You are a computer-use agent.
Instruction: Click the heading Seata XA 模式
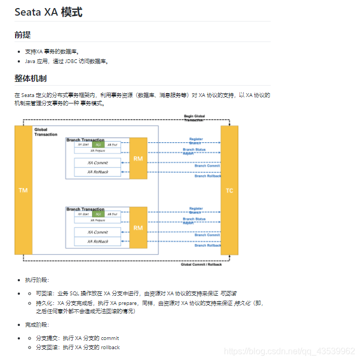[x=48, y=11]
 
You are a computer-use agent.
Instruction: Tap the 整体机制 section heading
[x=30, y=79]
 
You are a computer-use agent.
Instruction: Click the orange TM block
[x=23, y=190]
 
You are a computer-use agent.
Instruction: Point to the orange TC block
[x=229, y=190]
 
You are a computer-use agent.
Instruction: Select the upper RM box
[x=138, y=158]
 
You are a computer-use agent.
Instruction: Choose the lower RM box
[x=138, y=228]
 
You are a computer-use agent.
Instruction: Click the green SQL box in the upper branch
[x=98, y=144]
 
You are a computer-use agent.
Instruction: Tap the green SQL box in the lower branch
[x=98, y=214]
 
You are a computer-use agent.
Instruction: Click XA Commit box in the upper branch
[x=97, y=162]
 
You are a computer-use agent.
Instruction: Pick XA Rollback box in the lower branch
[x=97, y=241]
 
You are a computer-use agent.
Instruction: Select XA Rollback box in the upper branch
[x=97, y=172]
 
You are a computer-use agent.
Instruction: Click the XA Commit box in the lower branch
[x=97, y=232]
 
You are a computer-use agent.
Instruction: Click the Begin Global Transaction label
[x=195, y=118]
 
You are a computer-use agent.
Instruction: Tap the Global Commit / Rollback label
[x=201, y=264]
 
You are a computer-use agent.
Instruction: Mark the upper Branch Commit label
[x=207, y=166]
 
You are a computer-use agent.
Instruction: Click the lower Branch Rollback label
[x=207, y=245]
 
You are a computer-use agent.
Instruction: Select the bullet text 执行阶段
[x=37, y=280]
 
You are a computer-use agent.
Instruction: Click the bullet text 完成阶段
[x=37, y=325]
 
